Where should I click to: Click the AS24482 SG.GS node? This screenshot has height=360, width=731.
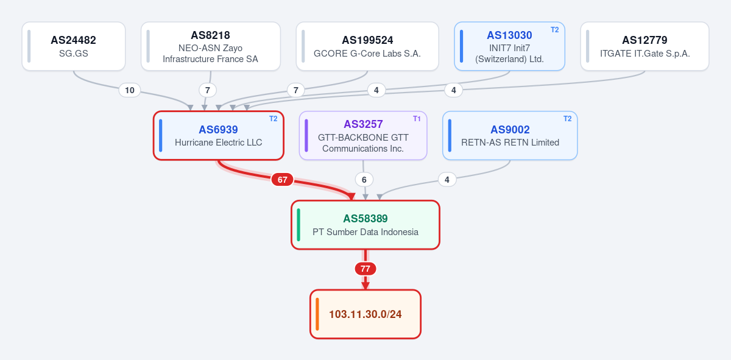(74, 46)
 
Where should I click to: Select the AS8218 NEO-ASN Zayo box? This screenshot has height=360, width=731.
(211, 46)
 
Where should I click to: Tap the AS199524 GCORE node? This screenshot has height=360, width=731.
(367, 46)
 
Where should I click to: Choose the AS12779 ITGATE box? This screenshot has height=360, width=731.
(644, 46)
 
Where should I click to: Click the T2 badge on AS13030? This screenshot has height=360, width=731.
(555, 30)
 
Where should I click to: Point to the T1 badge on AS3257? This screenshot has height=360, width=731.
(417, 119)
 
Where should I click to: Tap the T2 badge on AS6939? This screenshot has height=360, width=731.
(273, 119)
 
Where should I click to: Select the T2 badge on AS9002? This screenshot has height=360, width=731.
(568, 119)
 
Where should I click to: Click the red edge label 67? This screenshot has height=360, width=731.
(282, 180)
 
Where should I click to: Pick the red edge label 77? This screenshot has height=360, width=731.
(365, 269)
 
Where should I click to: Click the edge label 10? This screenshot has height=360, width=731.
(130, 90)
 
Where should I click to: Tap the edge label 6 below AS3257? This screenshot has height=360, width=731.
(364, 180)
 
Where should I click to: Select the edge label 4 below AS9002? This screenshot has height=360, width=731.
(447, 180)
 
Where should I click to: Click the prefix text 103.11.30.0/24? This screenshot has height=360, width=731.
(365, 314)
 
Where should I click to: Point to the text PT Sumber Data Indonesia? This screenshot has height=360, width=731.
(365, 232)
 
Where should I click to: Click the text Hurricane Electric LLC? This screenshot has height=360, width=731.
(218, 143)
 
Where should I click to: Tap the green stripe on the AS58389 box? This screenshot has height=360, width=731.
(298, 225)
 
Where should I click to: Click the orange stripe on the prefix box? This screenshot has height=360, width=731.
(317, 314)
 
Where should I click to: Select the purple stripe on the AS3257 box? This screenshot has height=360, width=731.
(306, 135)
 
